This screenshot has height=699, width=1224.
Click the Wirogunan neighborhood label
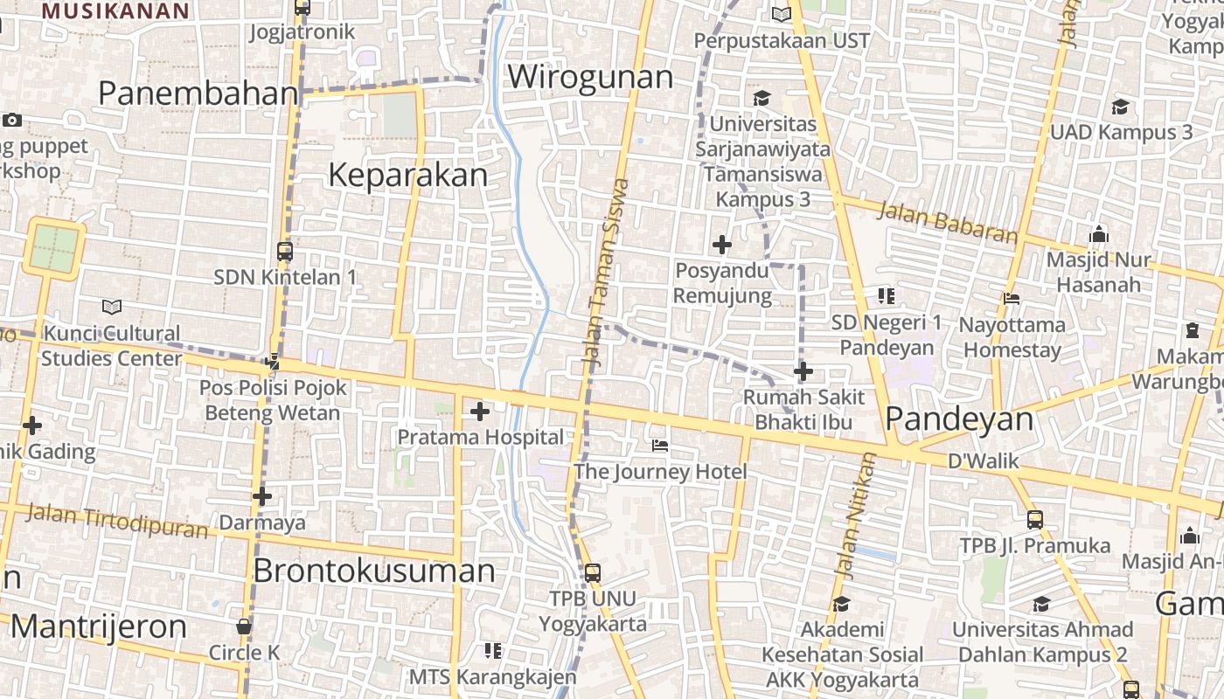coord(590,77)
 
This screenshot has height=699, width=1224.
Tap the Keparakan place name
coord(407,176)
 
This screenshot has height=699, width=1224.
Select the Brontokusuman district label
coord(373,571)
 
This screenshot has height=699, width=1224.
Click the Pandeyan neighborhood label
coord(959,419)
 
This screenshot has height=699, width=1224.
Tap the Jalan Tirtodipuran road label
coord(116,521)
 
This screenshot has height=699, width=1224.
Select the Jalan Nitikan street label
coord(855,516)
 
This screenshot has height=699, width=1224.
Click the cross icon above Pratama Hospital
coord(480,412)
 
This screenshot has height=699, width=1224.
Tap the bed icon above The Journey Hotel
coord(660,446)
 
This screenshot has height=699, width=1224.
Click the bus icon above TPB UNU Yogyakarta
coord(592,573)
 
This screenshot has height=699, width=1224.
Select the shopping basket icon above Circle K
coord(244,626)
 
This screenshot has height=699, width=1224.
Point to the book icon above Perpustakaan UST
coord(781,15)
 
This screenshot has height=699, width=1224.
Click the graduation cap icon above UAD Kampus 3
coord(1120,107)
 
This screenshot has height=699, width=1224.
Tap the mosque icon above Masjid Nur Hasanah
coord(1099,234)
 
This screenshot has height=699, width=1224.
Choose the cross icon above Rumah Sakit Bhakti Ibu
coord(803,372)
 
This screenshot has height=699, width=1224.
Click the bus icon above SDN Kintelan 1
coord(285,252)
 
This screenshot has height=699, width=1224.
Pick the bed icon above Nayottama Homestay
coord(1012,299)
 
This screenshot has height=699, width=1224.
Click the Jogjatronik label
coord(303,32)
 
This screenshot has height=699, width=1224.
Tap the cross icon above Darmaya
coord(261,497)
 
